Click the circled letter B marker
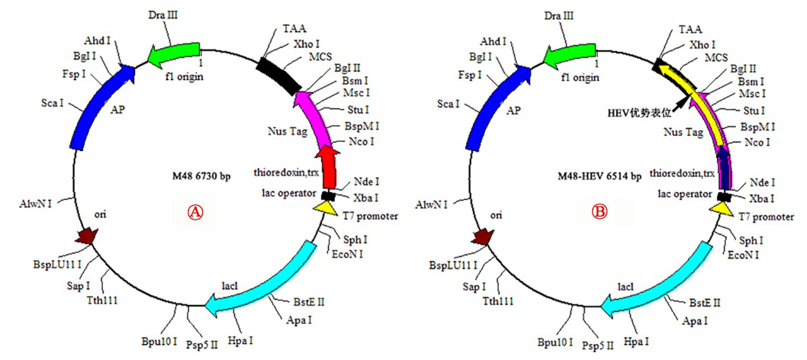[599, 213]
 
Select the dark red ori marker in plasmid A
[87, 238]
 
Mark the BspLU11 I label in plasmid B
[449, 265]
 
